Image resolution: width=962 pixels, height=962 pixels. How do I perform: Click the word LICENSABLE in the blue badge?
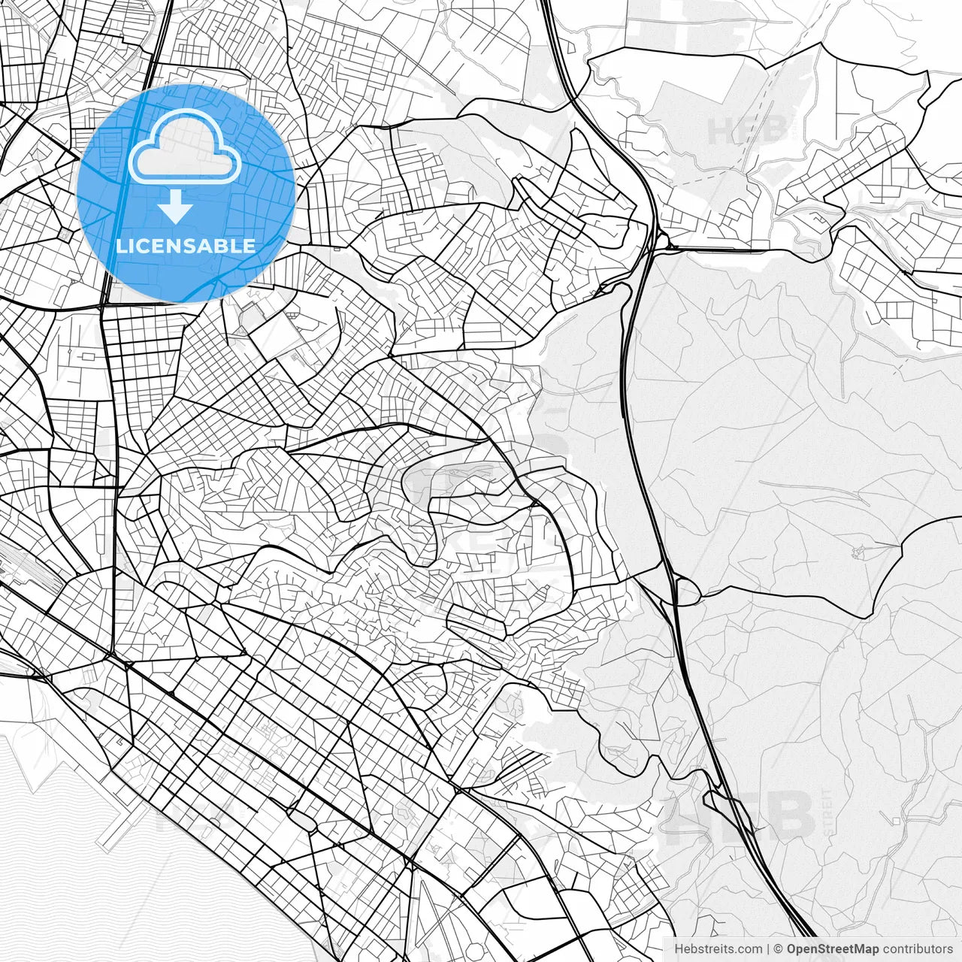tap(186, 246)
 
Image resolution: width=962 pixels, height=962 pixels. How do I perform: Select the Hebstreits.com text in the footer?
tap(718, 949)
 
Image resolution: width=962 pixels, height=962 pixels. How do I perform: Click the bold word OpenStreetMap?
tap(833, 949)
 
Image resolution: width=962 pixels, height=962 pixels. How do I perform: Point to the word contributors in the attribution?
tap(918, 949)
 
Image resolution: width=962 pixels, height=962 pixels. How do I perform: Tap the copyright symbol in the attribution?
tap(779, 949)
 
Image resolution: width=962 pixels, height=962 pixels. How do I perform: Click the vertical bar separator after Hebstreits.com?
tap(768, 949)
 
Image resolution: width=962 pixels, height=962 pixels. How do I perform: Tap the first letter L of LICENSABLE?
tap(120, 246)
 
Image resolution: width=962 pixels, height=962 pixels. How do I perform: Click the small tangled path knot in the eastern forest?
tap(857, 554)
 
